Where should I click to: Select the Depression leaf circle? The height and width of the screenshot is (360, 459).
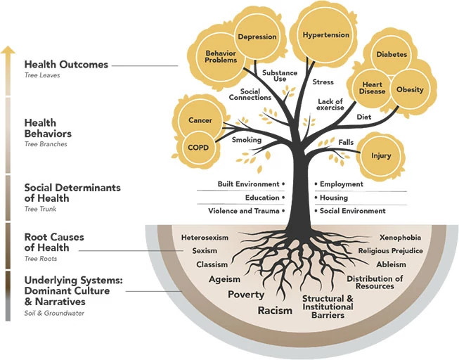257,37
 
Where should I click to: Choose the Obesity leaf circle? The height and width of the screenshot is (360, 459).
410,90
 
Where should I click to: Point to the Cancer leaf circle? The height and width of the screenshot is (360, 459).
200,120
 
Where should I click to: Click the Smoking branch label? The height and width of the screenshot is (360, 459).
247,140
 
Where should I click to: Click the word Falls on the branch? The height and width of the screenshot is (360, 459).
346,143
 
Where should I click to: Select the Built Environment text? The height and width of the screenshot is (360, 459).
249,184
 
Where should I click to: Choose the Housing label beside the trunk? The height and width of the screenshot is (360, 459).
335,198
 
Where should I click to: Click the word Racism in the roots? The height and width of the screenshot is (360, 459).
275,310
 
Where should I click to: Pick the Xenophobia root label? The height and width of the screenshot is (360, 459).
400,238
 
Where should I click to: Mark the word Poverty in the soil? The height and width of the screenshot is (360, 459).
246,295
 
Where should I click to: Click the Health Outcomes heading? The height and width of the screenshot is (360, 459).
66,65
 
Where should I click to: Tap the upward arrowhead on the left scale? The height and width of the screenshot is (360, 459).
8,50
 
